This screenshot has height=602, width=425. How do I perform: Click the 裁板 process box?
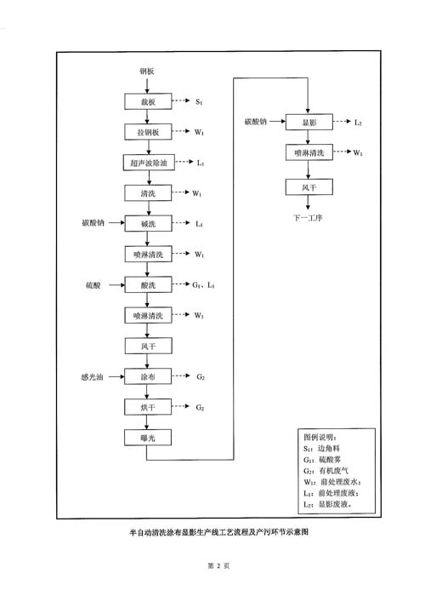pos(148,101)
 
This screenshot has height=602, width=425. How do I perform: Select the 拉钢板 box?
pos(148,132)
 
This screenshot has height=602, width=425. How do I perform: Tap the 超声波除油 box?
pos(149,163)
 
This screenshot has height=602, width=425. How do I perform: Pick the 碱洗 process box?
pos(148,223)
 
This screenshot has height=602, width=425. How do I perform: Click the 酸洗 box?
pos(148,285)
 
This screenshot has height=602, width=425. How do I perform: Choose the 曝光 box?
pos(148,438)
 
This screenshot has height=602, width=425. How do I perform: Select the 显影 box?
pos(309,122)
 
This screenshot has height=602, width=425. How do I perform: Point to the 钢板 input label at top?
pos(147,71)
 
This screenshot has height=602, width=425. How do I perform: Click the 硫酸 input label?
pos(93,285)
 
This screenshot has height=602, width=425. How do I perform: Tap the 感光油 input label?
pos(93,377)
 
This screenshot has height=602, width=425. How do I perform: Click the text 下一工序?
pos(308,218)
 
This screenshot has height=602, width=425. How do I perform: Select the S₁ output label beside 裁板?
pos(199,101)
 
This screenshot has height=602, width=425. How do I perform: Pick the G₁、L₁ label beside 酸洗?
pos(203,285)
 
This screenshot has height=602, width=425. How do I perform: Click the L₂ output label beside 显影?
pos(358,123)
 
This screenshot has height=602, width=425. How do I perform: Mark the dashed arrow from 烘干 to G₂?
pos(181,406)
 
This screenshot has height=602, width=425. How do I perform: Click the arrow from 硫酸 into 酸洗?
pos(117,285)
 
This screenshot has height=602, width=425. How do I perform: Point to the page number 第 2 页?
pos(218,565)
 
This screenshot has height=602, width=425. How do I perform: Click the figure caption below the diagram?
pos(218,531)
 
